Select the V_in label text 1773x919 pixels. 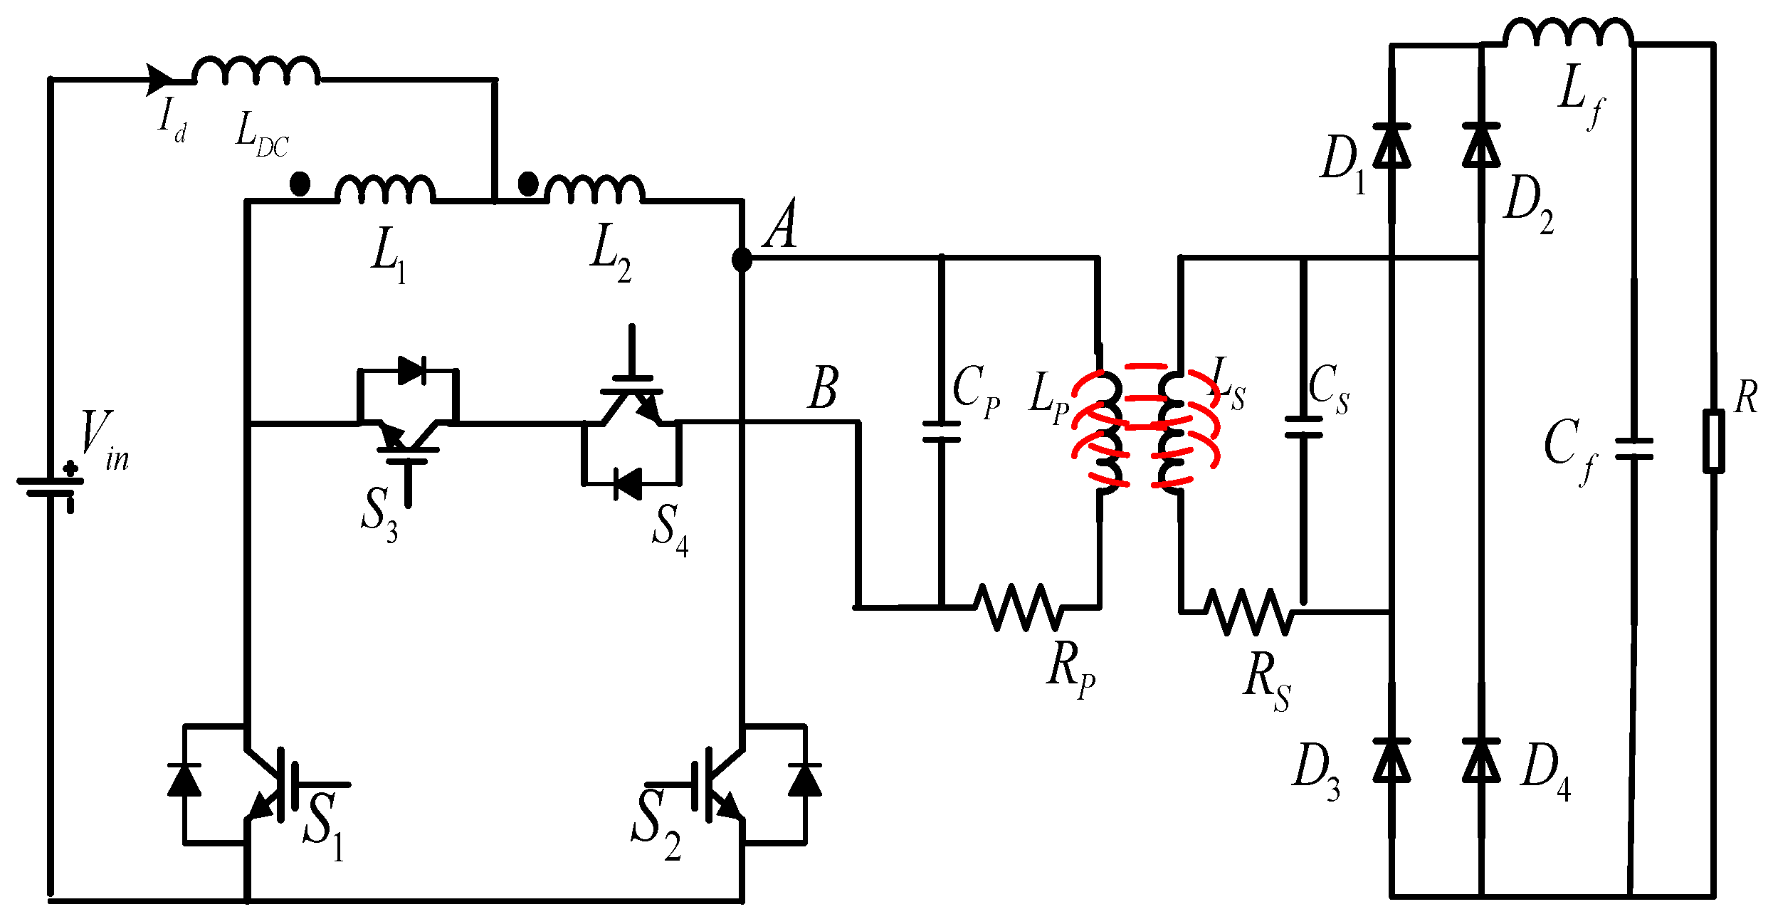click(x=104, y=441)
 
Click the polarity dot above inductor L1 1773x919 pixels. click(x=300, y=184)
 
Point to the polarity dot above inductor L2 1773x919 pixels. click(x=527, y=184)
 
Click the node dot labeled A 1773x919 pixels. click(x=742, y=259)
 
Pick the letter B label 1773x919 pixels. click(x=824, y=388)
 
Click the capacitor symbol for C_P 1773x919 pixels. click(x=941, y=432)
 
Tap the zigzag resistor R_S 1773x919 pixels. click(x=1249, y=611)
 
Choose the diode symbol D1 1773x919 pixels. click(x=1391, y=146)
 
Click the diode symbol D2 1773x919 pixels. click(x=1481, y=146)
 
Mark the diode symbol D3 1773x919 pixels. click(x=1391, y=762)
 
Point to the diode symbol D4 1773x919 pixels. click(x=1481, y=762)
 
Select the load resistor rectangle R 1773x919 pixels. click(x=1713, y=441)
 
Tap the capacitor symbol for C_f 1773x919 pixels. click(x=1633, y=448)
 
